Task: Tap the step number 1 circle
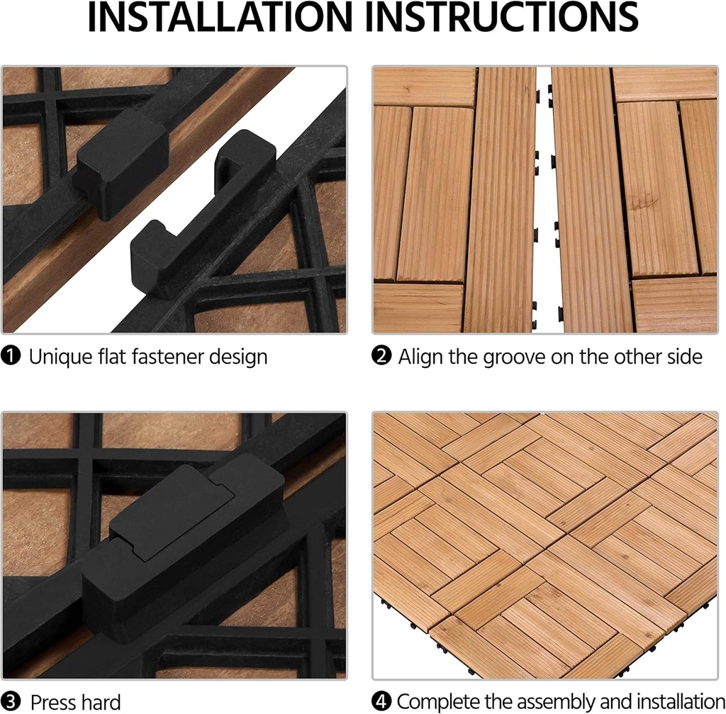coord(12,356)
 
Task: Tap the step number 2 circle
coord(381,356)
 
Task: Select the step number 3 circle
coord(12,702)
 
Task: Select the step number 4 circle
coord(381,702)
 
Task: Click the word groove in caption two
coord(516,356)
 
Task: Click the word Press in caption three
coord(53,702)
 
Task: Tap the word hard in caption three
coord(101,702)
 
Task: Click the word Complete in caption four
coord(440,702)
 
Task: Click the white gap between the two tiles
coord(543,199)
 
